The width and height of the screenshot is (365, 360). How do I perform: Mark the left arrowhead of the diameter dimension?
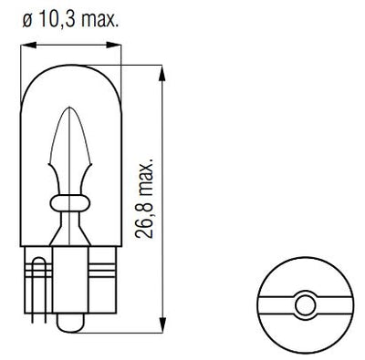tap(26, 43)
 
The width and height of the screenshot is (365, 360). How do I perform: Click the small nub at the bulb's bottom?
tap(71, 324)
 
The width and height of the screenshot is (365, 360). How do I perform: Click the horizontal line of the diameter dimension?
tap(71, 43)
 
